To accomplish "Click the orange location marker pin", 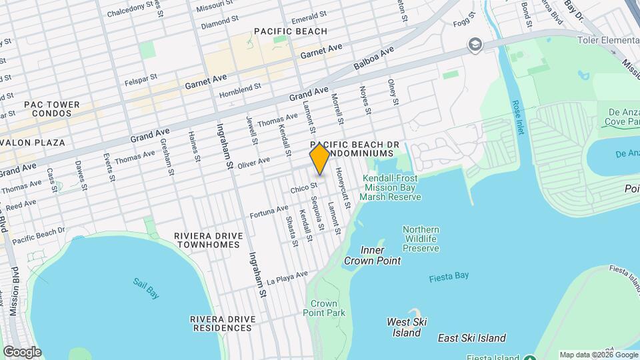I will (x=320, y=159).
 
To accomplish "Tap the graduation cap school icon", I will (x=475, y=44).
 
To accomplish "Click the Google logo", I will (x=21, y=352).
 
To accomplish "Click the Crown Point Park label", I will (x=323, y=308).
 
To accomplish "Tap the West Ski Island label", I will (x=404, y=327).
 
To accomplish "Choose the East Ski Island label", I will (x=471, y=338).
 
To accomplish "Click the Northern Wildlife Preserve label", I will (x=421, y=239).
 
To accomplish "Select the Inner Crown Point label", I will (x=372, y=255).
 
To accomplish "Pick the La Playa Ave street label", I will (x=287, y=278).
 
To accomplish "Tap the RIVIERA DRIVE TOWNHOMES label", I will (x=206, y=240).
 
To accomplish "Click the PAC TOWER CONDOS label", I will (x=51, y=109).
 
